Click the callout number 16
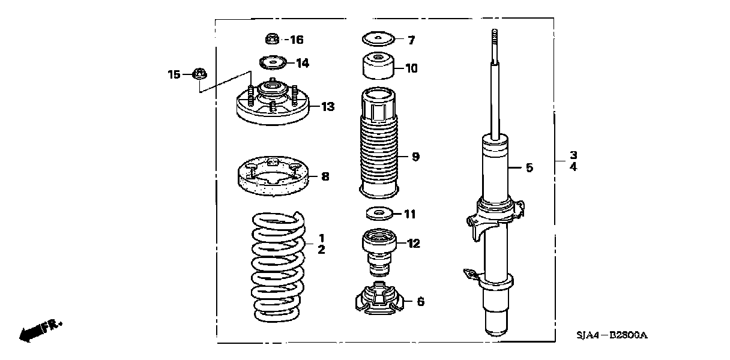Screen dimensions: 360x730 297,40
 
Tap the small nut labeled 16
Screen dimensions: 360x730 271,40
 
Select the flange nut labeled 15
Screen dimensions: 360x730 199,74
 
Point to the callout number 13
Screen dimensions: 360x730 328,107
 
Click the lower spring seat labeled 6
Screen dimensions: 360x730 379,299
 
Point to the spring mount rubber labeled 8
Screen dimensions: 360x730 274,177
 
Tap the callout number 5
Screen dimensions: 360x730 529,168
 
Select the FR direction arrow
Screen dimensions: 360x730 39,329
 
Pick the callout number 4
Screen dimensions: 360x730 573,167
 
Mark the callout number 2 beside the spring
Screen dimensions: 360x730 321,250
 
